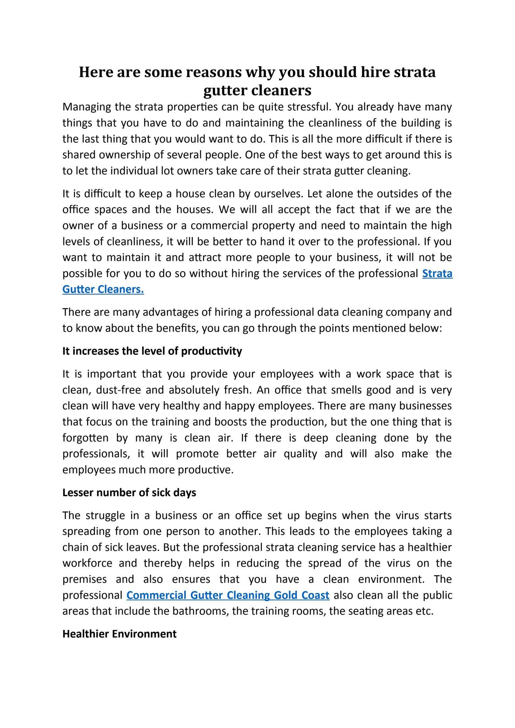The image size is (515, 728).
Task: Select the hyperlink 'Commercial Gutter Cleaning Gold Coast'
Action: coord(228,595)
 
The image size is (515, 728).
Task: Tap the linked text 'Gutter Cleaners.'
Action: coord(103,289)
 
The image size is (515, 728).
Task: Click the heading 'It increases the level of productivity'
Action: coord(152,351)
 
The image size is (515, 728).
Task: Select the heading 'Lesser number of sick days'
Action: coord(129,493)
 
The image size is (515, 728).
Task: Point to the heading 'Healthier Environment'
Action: coord(119,634)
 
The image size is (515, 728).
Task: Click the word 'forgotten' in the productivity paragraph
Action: coord(85,438)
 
